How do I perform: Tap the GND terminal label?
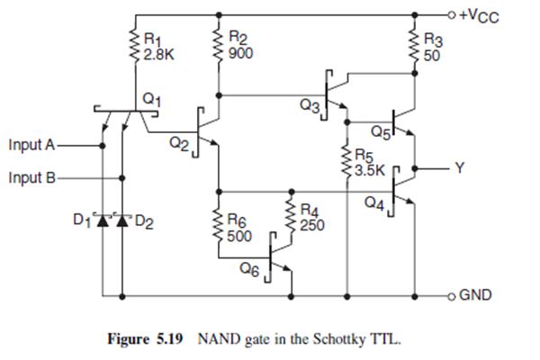475,294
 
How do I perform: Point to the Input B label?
31,176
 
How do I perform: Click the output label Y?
459,167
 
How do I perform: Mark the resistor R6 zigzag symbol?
217,224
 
